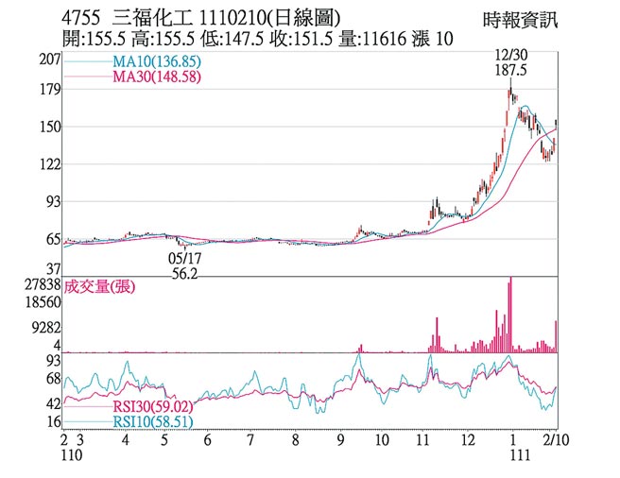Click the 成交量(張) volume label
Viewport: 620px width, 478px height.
96,287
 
